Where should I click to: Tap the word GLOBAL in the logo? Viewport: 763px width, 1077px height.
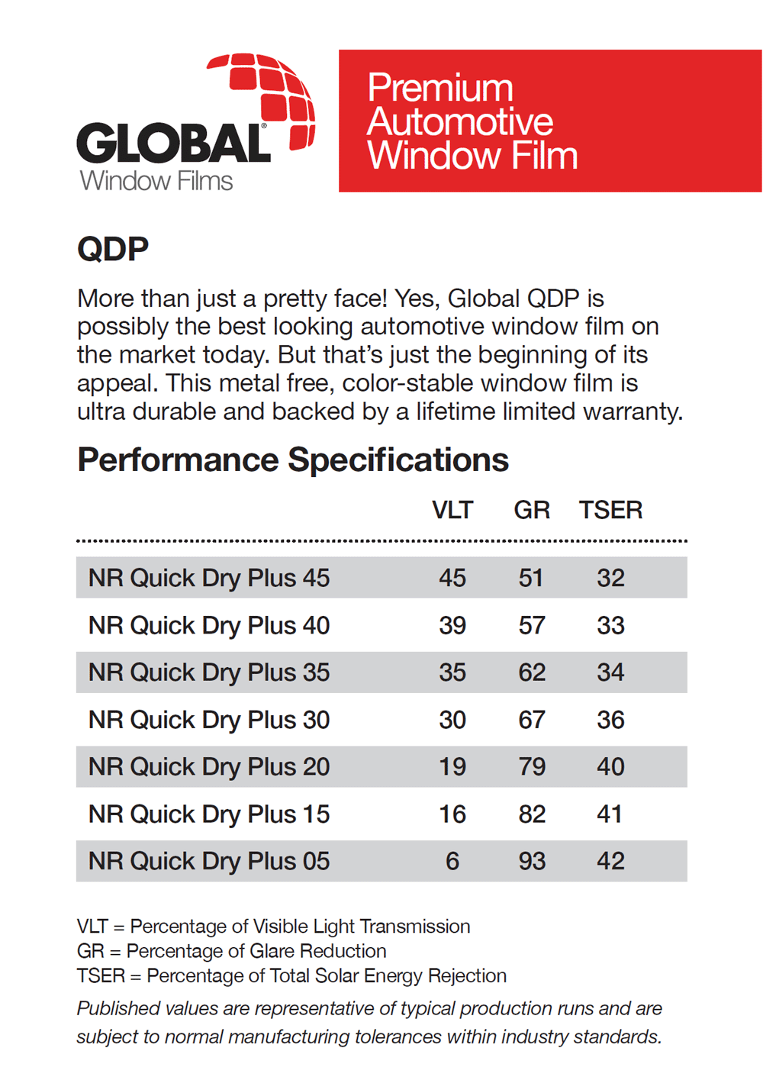click(173, 143)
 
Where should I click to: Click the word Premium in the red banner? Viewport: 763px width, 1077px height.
click(440, 88)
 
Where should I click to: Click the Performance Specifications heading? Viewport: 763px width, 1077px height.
click(293, 459)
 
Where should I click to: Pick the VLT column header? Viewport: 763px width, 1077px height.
click(452, 510)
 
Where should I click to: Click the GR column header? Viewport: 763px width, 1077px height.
click(532, 510)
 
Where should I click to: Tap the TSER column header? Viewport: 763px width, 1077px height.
click(610, 510)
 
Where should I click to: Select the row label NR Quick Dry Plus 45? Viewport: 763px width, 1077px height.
click(209, 578)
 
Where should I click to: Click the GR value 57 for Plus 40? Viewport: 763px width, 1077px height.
click(532, 625)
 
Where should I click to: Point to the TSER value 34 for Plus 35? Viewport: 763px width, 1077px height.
click(610, 672)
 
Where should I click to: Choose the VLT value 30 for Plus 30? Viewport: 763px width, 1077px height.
click(452, 720)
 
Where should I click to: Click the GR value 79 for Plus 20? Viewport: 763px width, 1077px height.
click(532, 766)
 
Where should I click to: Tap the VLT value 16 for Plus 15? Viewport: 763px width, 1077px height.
click(452, 814)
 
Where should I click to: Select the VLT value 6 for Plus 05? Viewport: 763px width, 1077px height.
click(452, 861)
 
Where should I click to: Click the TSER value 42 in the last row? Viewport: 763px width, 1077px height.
click(610, 861)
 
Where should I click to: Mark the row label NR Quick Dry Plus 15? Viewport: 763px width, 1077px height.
click(209, 814)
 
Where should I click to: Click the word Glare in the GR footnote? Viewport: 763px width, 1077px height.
click(272, 951)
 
